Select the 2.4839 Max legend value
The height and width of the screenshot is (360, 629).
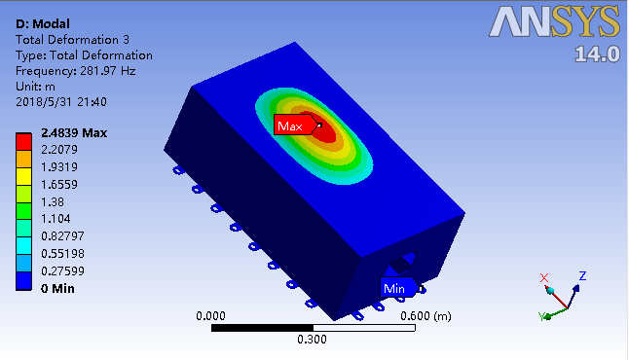click(x=74, y=133)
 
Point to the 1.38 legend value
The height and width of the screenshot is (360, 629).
click(x=53, y=201)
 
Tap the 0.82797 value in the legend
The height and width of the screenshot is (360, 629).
click(x=62, y=236)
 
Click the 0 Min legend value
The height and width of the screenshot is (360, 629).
click(x=57, y=289)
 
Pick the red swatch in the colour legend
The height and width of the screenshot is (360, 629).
click(x=23, y=141)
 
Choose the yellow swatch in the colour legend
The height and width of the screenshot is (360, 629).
click(x=23, y=176)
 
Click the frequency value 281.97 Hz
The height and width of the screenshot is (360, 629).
click(x=108, y=71)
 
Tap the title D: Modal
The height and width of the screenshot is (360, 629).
click(x=43, y=24)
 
